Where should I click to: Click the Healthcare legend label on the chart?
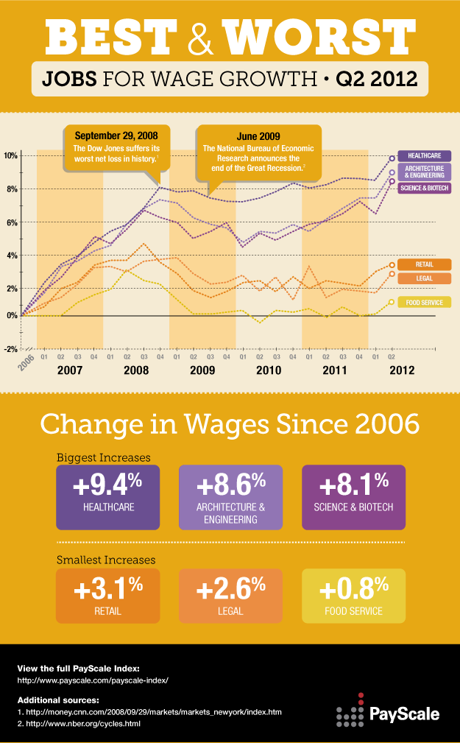coord(424,156)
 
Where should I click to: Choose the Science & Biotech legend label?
coord(424,189)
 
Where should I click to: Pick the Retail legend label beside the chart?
coord(424,264)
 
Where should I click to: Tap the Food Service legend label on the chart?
coord(424,302)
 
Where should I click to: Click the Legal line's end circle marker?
coord(392,274)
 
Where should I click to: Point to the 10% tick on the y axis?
coord(10,156)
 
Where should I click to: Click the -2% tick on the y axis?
coord(10,349)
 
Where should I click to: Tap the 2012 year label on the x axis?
coord(402,370)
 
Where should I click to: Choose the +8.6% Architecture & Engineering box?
coord(230,497)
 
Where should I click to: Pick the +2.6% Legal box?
coord(230,595)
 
